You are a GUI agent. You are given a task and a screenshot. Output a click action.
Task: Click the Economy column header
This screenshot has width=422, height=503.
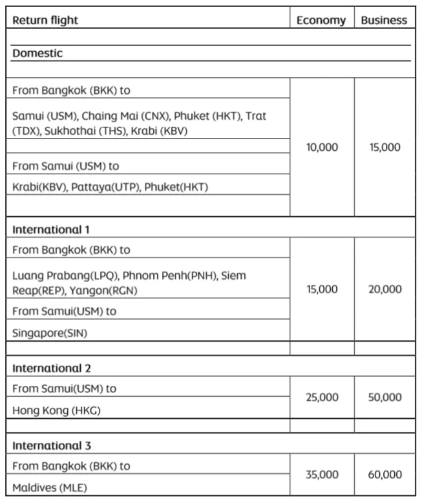(321, 20)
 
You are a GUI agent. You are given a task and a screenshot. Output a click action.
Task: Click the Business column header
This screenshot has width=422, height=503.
(384, 20)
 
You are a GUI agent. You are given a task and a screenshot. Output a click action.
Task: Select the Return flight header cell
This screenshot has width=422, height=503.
(45, 20)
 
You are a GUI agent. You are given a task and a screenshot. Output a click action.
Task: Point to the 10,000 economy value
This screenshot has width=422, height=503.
(322, 147)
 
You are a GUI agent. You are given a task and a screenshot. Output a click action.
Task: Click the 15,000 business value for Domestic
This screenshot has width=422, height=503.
(385, 147)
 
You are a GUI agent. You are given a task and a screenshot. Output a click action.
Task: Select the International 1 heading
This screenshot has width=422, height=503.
(51, 229)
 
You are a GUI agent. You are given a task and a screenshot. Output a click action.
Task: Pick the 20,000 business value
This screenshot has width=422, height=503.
(385, 289)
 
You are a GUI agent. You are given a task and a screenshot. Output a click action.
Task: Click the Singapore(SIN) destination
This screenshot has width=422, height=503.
(49, 333)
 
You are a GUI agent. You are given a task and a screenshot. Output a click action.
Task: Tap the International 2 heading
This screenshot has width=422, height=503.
(52, 368)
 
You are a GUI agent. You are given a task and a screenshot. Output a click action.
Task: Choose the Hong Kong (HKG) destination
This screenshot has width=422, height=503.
(56, 410)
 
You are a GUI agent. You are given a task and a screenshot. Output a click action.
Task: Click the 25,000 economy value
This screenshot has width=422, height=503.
(322, 397)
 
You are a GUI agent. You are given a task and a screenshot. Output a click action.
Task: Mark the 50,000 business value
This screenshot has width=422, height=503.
(385, 397)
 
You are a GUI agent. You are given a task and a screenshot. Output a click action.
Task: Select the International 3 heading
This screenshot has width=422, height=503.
(52, 445)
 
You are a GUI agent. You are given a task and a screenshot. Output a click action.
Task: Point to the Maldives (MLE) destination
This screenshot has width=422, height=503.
(50, 487)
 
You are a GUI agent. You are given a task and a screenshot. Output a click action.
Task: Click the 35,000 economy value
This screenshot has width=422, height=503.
(322, 475)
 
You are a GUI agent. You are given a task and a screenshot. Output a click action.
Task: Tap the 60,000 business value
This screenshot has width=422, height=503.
(385, 475)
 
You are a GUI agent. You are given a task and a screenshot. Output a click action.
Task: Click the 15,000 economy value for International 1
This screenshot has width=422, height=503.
(322, 289)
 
